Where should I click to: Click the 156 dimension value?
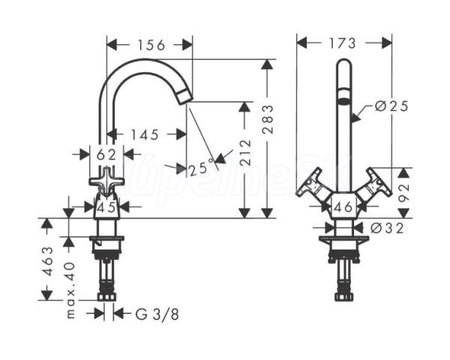pos(151,45)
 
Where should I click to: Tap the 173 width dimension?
pos(342,43)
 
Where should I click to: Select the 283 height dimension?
pos(268,119)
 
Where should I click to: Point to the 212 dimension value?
pos(245,153)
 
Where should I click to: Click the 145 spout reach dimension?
pos(145,135)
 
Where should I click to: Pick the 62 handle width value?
pos(106,155)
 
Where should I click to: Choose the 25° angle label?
pos(202,168)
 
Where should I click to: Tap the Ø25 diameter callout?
pos(391,106)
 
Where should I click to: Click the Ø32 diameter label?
pos(387,228)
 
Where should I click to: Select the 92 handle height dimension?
pos(404,193)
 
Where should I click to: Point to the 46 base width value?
pos(343,206)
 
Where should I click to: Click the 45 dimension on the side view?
pos(106,207)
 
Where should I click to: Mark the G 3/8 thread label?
pos(157,314)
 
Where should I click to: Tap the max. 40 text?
pos(70,290)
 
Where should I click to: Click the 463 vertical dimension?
pos(49,261)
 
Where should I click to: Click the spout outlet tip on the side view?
pos(184,97)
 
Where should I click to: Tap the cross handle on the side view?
pos(106,181)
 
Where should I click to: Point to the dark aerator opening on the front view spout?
pos(343,100)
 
